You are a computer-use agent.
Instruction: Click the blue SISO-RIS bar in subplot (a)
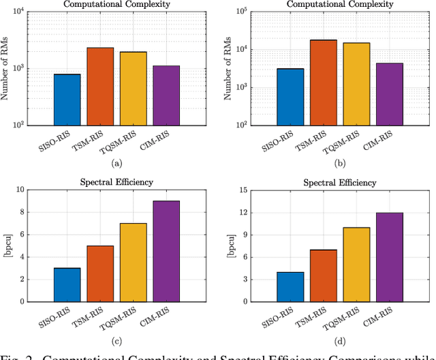pos(67,100)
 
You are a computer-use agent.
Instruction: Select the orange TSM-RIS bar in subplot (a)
pos(101,87)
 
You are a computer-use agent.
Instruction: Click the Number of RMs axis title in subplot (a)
pos(7,69)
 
